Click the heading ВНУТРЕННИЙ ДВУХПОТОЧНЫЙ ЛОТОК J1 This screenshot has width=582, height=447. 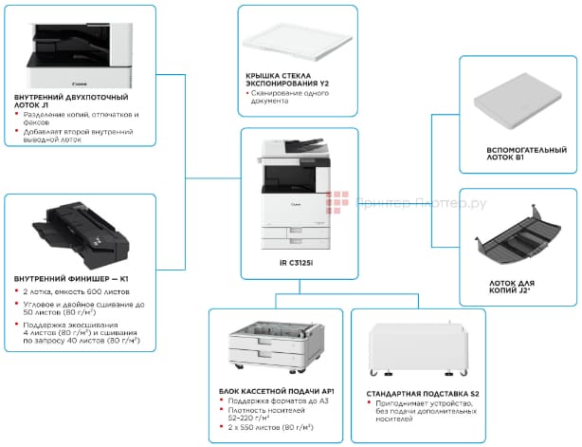click(x=71, y=101)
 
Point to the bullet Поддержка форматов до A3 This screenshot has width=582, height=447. click(x=269, y=402)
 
